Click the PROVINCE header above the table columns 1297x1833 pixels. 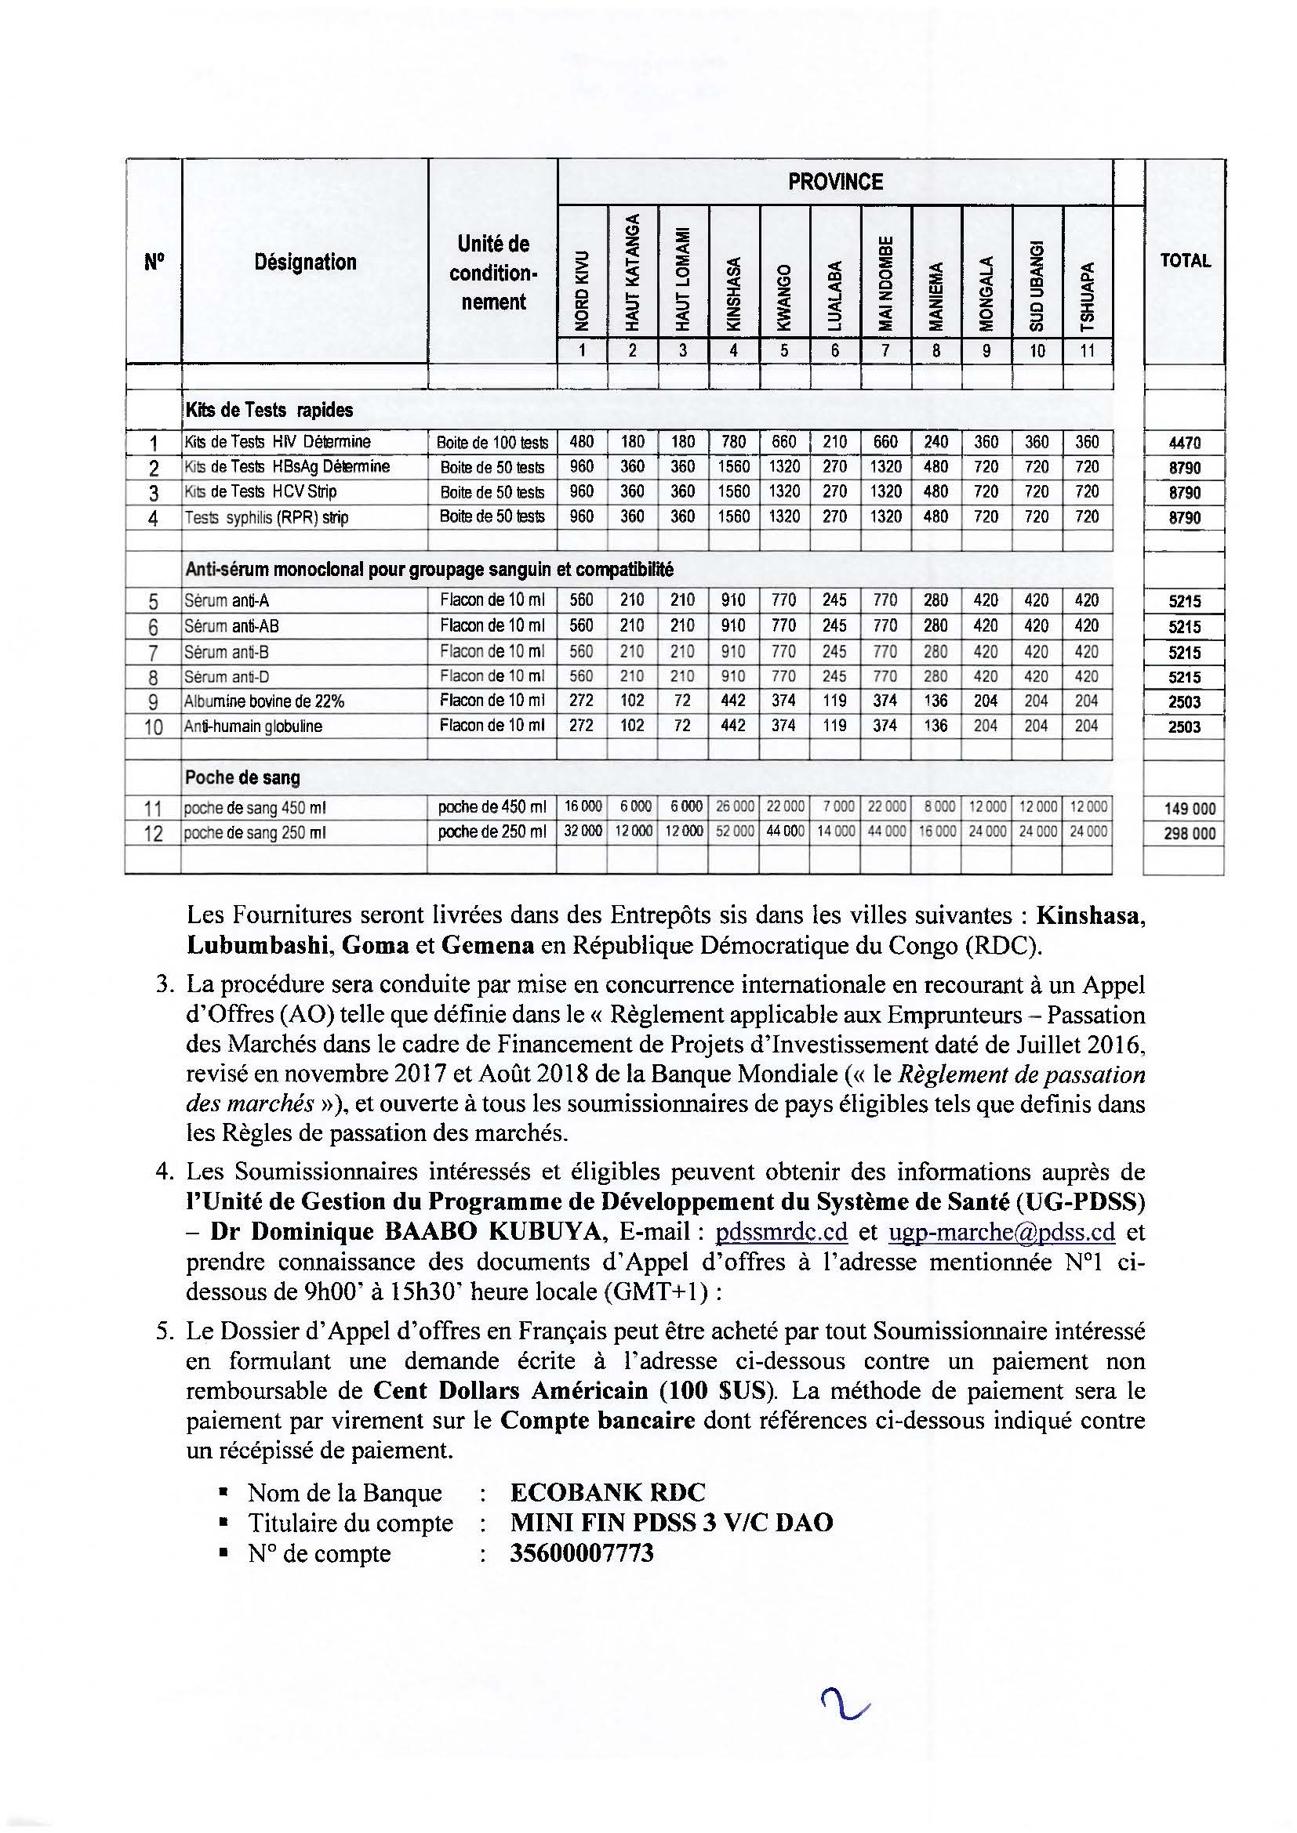coord(834,182)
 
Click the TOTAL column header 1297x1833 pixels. coord(1185,260)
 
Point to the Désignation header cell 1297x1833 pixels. coord(305,262)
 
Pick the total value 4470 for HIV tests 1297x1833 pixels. coord(1185,443)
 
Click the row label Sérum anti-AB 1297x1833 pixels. coord(231,626)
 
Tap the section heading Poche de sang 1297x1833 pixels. coord(242,777)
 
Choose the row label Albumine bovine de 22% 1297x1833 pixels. coord(263,701)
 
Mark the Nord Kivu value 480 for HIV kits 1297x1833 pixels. coord(581,441)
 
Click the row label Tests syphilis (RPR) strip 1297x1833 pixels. coord(266,517)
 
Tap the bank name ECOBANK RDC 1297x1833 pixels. coord(608,1492)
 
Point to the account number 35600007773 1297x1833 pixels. coord(581,1552)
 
